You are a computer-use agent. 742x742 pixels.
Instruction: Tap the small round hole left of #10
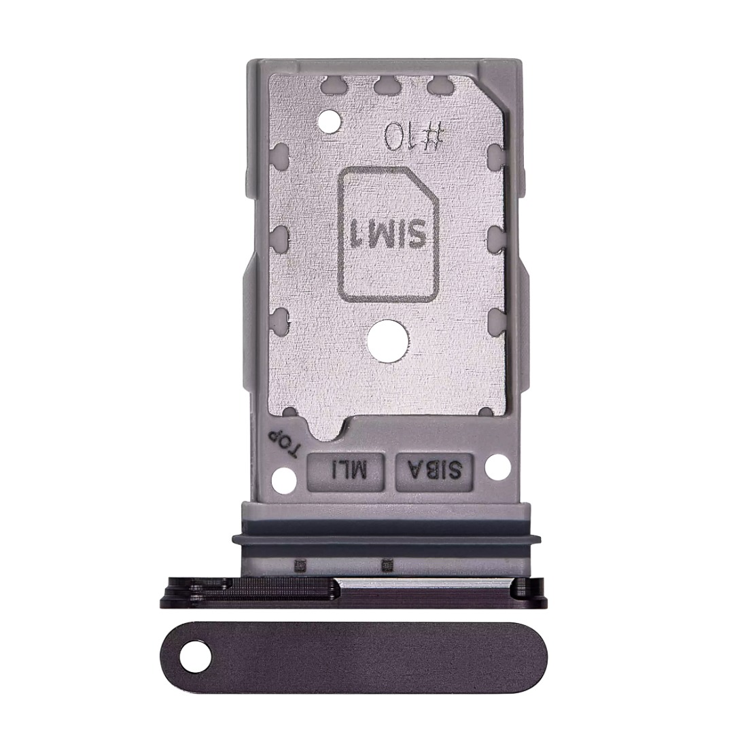pos(330,123)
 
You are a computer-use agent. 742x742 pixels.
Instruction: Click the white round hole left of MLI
pos(281,480)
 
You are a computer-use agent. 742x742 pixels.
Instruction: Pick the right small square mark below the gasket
pos(387,564)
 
